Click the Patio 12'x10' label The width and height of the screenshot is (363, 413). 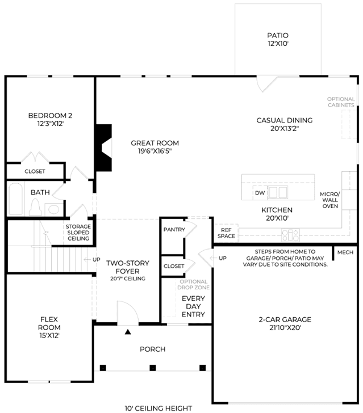pos(278,40)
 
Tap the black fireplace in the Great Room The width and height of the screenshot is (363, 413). pos(103,147)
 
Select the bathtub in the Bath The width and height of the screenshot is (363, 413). pos(15,199)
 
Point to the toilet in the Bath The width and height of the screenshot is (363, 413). pos(35,207)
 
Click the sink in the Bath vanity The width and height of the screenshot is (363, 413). pos(54,209)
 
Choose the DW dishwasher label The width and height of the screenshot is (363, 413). pos(260,193)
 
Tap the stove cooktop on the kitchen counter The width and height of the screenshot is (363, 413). pos(290,235)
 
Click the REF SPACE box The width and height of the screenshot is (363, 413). pos(226,233)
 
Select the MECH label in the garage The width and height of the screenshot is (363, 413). pos(345,252)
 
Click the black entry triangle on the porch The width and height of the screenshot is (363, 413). pos(128,332)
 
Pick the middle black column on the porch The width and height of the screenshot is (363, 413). pos(153,368)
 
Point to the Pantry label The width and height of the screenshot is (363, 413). pos(174,230)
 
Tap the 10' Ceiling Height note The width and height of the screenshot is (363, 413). pos(158,408)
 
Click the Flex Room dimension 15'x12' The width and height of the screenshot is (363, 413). pos(49,336)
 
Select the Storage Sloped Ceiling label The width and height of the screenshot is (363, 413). pos(78,233)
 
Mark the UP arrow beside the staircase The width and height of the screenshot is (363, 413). pos(87,260)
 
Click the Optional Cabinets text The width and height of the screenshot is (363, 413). pos(341,102)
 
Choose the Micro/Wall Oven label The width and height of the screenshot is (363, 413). pos(330,200)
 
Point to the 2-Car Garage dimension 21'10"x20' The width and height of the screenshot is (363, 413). pos(285,328)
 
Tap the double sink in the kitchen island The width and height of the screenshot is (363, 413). pos(278,192)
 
